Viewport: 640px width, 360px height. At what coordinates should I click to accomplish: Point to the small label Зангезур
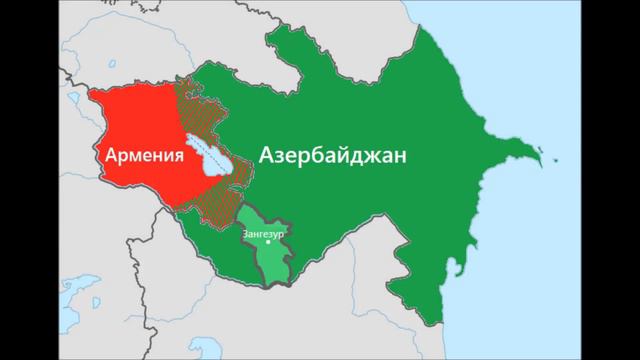pos(265,231)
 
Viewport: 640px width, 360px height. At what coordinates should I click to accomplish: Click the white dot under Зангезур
pos(267,242)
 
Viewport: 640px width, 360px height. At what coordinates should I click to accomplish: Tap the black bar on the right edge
pos(610,180)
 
